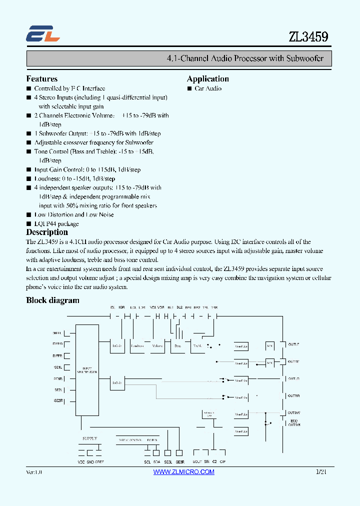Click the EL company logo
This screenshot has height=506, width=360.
pos(43,33)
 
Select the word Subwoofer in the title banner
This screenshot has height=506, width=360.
pos(305,58)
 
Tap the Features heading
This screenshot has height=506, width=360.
pos(41,78)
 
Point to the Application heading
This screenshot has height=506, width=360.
pos(207,78)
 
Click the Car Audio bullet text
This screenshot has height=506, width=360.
pos(208,88)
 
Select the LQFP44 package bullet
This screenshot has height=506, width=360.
pos(56,223)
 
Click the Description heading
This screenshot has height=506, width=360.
pos(47,232)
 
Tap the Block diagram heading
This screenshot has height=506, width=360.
pos(52,300)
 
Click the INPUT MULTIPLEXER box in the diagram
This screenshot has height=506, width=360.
pos(87,370)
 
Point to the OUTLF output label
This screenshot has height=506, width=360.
pos(293,344)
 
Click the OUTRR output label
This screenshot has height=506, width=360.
pos(293,395)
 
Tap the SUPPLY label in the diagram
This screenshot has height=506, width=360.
pos(89,438)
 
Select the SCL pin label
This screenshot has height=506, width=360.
pos(147,462)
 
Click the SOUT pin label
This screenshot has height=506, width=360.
pos(197,462)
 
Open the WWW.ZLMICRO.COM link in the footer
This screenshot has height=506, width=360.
pos(183,472)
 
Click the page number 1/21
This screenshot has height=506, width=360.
pos(321,472)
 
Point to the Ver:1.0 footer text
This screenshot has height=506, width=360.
pos(34,472)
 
